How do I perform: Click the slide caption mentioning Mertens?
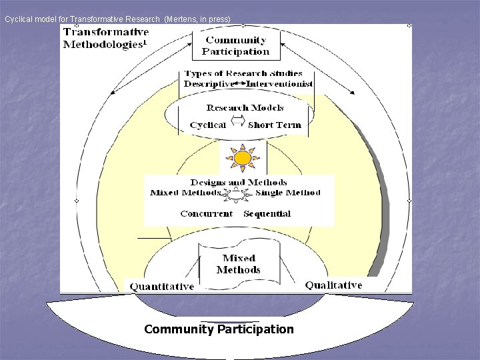[x=117, y=19]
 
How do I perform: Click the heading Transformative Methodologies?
[x=106, y=38]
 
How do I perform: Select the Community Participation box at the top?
[x=236, y=45]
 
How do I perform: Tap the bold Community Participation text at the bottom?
[x=219, y=329]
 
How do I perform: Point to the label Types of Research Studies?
[x=243, y=73]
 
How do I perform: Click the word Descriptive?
[x=209, y=84]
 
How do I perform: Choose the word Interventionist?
[x=279, y=84]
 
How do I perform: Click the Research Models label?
[x=245, y=107]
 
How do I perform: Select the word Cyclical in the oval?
[x=208, y=125]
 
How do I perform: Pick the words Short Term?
[x=274, y=125]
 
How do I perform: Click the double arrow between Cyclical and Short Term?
[x=237, y=122]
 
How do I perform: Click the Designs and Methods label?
[x=239, y=182]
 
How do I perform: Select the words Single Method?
[x=288, y=193]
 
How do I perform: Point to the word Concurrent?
[x=207, y=213]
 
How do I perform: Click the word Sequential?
[x=267, y=213]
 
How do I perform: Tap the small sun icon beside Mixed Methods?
[x=237, y=195]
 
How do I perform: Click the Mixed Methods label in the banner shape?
[x=239, y=264]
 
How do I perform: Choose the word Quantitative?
[x=162, y=287]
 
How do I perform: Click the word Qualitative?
[x=334, y=285]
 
